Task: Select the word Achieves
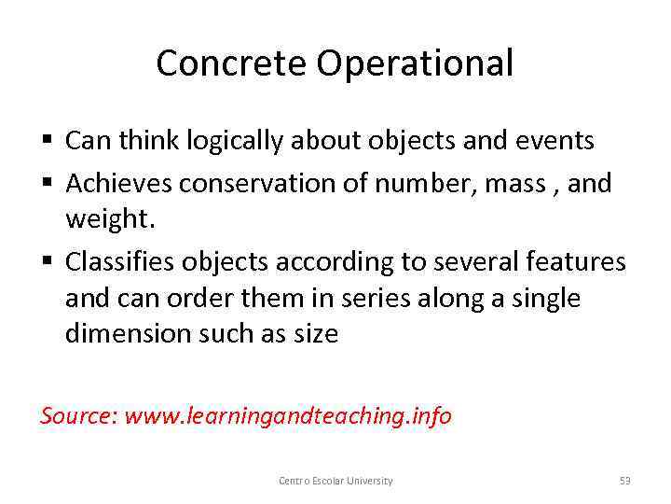coord(118,184)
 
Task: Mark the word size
coord(316,333)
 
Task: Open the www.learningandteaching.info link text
coord(288,416)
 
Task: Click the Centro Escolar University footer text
coord(335,481)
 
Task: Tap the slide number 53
coord(624,481)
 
